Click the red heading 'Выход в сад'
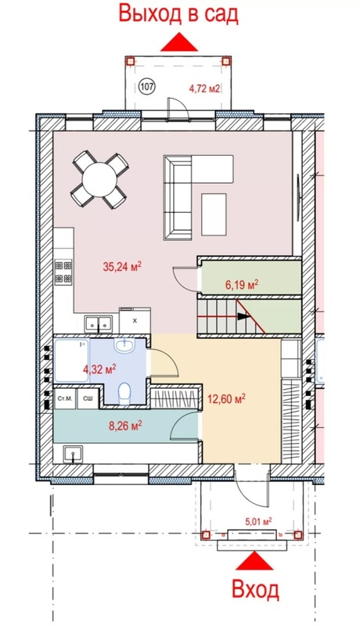178,14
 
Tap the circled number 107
147,86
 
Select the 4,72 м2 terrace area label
204,88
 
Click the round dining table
99,179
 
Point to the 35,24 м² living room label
123,267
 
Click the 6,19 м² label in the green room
242,285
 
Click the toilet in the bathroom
124,394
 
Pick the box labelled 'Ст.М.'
65,398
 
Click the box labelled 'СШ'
88,398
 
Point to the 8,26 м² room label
126,426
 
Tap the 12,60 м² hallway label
226,398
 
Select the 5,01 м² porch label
258,521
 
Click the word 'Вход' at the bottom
255,589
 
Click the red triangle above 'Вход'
254,560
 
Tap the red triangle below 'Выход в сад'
179,42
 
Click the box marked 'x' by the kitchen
135,320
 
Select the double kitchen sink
98,323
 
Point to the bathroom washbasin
126,345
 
